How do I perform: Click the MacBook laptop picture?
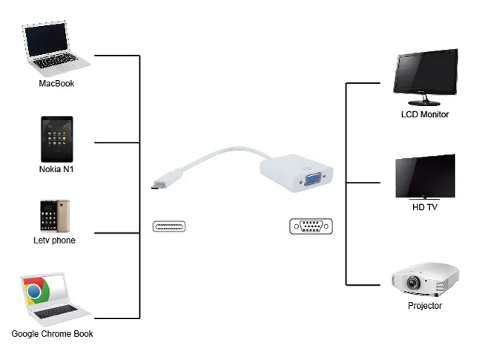[x=56, y=50]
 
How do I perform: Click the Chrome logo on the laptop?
[x=35, y=292]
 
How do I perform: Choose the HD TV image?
[x=425, y=177]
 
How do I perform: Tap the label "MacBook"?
[x=56, y=84]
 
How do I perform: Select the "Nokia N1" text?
[x=56, y=169]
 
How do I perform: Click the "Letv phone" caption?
[x=54, y=240]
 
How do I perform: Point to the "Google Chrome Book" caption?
[x=52, y=334]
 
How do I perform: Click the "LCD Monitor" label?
[x=425, y=114]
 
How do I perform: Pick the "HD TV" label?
[x=425, y=207]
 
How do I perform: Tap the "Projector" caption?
[x=425, y=306]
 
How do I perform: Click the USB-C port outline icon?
[x=169, y=226]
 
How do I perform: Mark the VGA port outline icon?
[x=311, y=226]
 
